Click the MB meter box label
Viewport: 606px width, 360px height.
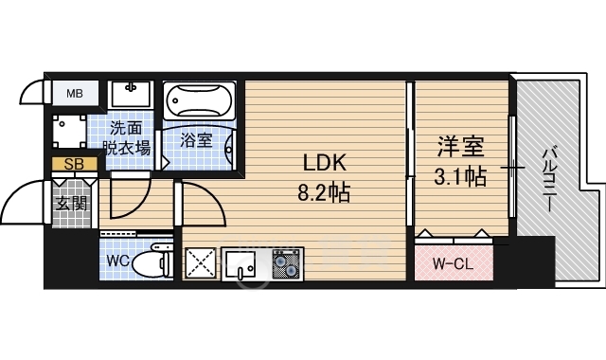tap(75, 93)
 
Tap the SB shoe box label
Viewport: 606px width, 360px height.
tap(74, 164)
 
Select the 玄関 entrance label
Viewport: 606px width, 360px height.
tap(71, 203)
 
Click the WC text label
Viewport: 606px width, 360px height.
tap(117, 261)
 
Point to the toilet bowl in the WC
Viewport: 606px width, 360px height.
tap(151, 261)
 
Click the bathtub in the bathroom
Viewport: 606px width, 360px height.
tap(200, 100)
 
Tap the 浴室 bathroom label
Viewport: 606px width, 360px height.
tap(196, 140)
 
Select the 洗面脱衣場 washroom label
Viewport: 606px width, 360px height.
tap(126, 137)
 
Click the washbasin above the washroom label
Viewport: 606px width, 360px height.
tap(131, 94)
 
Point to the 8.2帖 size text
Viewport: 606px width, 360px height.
tap(324, 192)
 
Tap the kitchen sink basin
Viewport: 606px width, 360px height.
tap(240, 263)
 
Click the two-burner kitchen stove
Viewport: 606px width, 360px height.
tap(286, 263)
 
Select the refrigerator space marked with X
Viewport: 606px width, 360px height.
tap(200, 263)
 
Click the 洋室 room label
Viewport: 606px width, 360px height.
tap(461, 147)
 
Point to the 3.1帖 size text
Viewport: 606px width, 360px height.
tap(460, 177)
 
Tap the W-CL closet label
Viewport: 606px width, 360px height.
tap(453, 264)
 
